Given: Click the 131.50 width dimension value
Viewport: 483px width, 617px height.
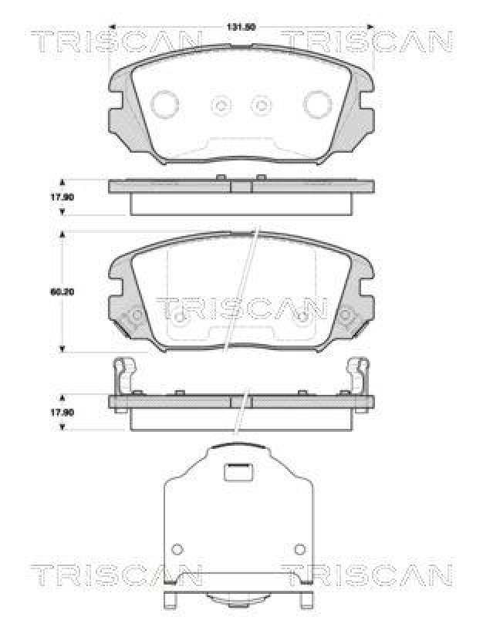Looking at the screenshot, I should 239,28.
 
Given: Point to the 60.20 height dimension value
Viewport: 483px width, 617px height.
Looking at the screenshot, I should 62,292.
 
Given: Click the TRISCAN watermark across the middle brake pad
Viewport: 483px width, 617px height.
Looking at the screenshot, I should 241,308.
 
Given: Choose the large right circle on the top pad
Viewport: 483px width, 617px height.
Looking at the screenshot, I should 316,103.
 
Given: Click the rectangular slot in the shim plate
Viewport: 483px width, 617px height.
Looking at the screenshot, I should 239,470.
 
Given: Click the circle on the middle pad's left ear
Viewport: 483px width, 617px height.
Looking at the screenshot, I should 133,315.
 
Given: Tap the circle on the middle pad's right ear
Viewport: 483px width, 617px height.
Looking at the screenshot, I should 348,315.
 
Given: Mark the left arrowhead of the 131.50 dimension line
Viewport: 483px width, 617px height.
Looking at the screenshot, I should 113,27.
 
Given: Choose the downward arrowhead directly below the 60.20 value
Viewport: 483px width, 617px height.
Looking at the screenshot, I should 62,349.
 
